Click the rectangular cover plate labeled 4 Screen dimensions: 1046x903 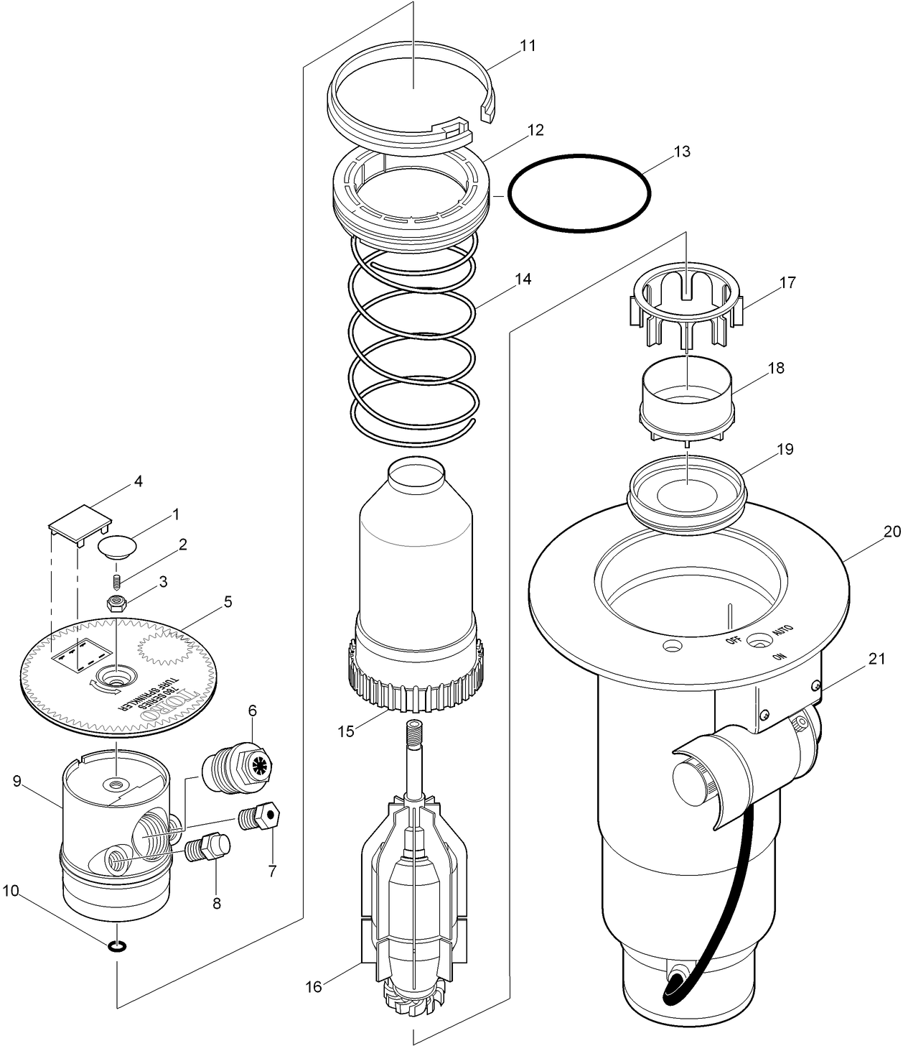coord(80,519)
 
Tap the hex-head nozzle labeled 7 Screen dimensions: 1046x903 coord(262,818)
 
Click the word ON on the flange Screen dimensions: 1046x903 coord(779,656)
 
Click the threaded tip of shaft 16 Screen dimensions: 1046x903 coord(415,733)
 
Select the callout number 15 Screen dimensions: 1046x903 coord(346,731)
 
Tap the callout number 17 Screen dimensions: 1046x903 coord(787,282)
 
